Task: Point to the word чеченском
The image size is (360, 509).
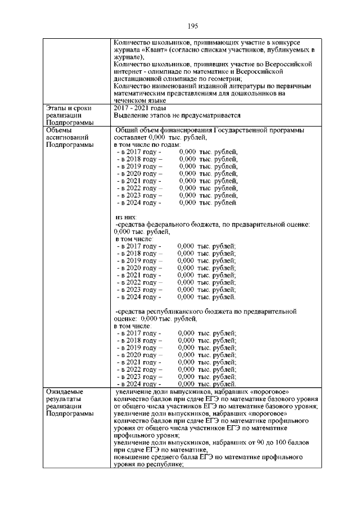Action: click(130, 101)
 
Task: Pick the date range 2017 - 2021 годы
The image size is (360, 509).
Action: click(139, 108)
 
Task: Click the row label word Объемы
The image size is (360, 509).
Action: click(61, 130)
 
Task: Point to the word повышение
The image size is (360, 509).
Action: click(132, 458)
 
